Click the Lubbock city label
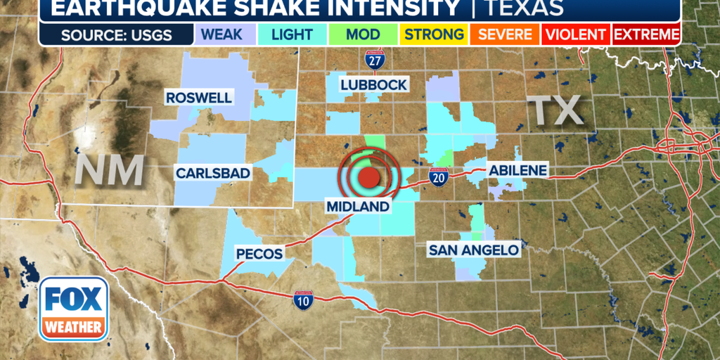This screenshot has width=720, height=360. (x=373, y=84)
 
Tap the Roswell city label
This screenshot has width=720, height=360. (x=199, y=98)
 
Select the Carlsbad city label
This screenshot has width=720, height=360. (x=213, y=173)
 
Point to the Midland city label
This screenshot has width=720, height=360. (x=357, y=206)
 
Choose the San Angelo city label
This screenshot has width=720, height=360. (x=474, y=250)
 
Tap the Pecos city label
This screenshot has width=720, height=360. (x=259, y=254)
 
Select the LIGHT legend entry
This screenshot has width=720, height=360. (x=292, y=34)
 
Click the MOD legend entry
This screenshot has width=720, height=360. (x=364, y=34)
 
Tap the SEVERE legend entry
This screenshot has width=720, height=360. (x=504, y=34)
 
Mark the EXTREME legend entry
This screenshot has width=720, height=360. (x=646, y=34)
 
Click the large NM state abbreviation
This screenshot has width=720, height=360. (x=110, y=169)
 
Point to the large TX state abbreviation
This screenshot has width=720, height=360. (x=555, y=110)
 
